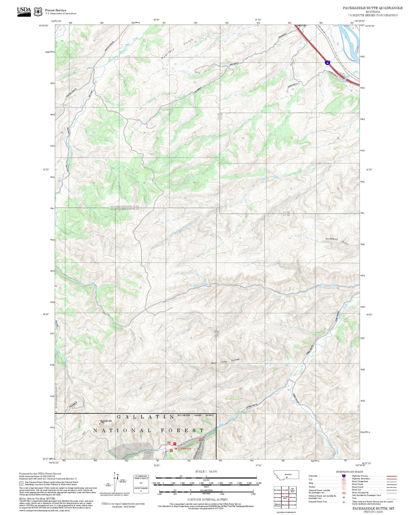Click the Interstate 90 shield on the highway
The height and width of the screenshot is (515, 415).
click(x=327, y=62)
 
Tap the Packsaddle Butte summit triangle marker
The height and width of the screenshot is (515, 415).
click(x=100, y=423)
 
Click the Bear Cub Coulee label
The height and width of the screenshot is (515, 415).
click(x=225, y=361)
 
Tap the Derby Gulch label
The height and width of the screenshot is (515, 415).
click(x=200, y=450)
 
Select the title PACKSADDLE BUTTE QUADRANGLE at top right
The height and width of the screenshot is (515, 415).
click(x=372, y=8)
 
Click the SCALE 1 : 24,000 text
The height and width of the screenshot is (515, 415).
click(x=206, y=471)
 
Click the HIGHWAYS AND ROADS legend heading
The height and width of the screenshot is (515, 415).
click(x=350, y=472)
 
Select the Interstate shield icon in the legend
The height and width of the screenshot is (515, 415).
click(x=344, y=476)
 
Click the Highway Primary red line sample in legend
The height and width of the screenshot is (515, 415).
click(x=392, y=476)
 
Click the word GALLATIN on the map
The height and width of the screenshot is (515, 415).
click(x=145, y=417)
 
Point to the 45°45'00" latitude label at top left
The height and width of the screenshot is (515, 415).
click(x=44, y=26)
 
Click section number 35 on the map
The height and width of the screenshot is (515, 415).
click(x=144, y=183)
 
